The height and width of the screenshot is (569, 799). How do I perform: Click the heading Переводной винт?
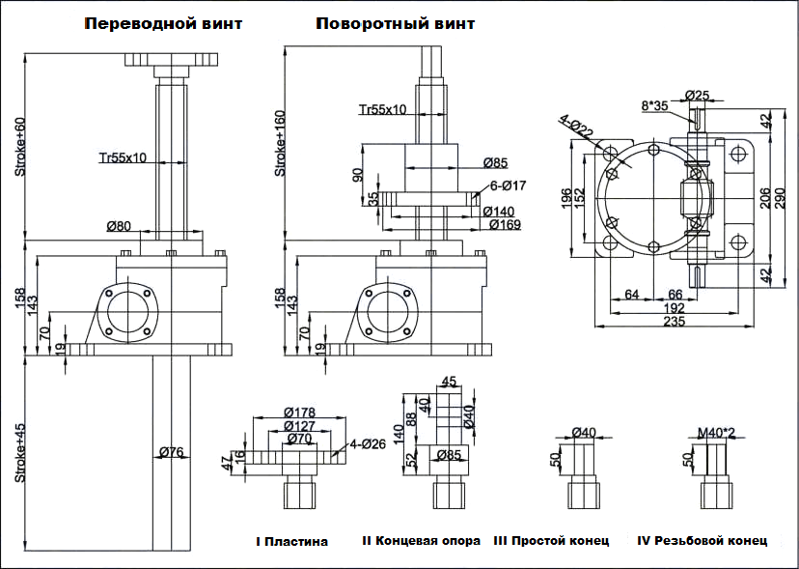click(x=163, y=24)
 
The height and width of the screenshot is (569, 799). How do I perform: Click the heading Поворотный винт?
click(x=395, y=24)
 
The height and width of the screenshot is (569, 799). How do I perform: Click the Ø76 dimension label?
click(x=172, y=452)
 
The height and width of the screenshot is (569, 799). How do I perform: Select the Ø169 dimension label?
click(x=505, y=225)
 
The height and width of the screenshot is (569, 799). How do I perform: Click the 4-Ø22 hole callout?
click(x=575, y=126)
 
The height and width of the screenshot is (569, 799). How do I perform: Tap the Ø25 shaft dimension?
click(x=697, y=95)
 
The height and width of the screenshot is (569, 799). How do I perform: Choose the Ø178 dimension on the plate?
click(x=302, y=413)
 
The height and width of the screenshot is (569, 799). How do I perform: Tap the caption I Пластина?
click(x=291, y=542)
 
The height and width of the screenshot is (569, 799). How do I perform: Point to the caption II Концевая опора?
click(x=421, y=541)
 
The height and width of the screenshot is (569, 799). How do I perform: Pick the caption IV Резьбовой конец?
click(x=703, y=541)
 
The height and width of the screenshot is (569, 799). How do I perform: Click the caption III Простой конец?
click(x=551, y=541)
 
